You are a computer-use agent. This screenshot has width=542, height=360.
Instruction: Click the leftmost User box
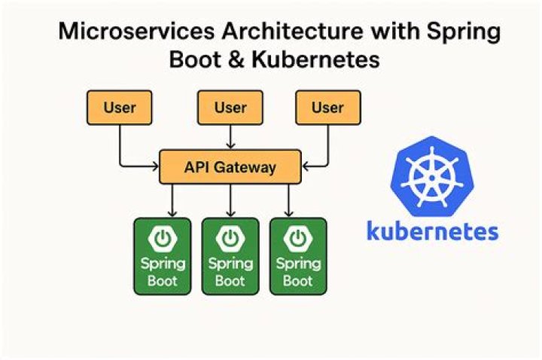click(x=120, y=108)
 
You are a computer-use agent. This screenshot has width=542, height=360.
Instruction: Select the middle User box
click(x=230, y=108)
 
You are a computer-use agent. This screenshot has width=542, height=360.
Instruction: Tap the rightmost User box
click(x=327, y=108)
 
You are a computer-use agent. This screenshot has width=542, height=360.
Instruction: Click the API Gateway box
click(x=230, y=166)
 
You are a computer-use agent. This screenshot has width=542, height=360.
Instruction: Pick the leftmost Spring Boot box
click(x=162, y=255)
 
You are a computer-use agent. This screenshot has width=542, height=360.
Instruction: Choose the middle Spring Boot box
click(x=230, y=255)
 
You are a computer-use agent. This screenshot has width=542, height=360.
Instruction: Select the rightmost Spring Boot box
click(x=297, y=255)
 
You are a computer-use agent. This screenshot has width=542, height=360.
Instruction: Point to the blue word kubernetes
click(x=432, y=230)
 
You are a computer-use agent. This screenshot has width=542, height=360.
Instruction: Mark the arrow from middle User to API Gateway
click(x=230, y=136)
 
